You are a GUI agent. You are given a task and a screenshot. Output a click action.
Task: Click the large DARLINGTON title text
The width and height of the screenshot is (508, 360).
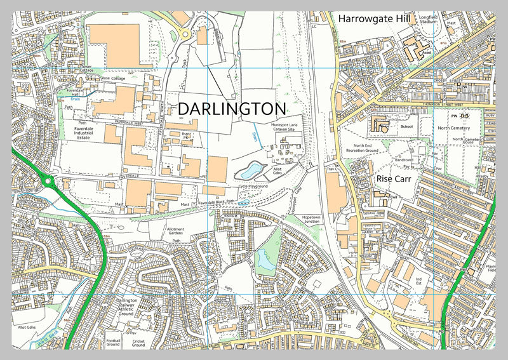(232, 109)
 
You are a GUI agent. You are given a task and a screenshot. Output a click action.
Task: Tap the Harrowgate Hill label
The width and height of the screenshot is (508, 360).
(375, 18)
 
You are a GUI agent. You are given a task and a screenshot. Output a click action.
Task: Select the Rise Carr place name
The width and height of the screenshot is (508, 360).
(394, 179)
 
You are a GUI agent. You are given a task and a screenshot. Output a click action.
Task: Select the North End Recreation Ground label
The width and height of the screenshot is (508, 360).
(362, 148)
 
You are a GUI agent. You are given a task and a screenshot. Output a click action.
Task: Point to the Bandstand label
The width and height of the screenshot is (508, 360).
(404, 160)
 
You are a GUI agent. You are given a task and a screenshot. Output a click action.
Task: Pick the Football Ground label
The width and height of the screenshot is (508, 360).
(113, 343)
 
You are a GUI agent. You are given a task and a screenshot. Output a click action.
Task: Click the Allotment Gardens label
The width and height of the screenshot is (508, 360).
(175, 231)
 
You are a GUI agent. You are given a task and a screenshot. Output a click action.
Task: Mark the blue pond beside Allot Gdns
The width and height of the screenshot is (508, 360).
(250, 170)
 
